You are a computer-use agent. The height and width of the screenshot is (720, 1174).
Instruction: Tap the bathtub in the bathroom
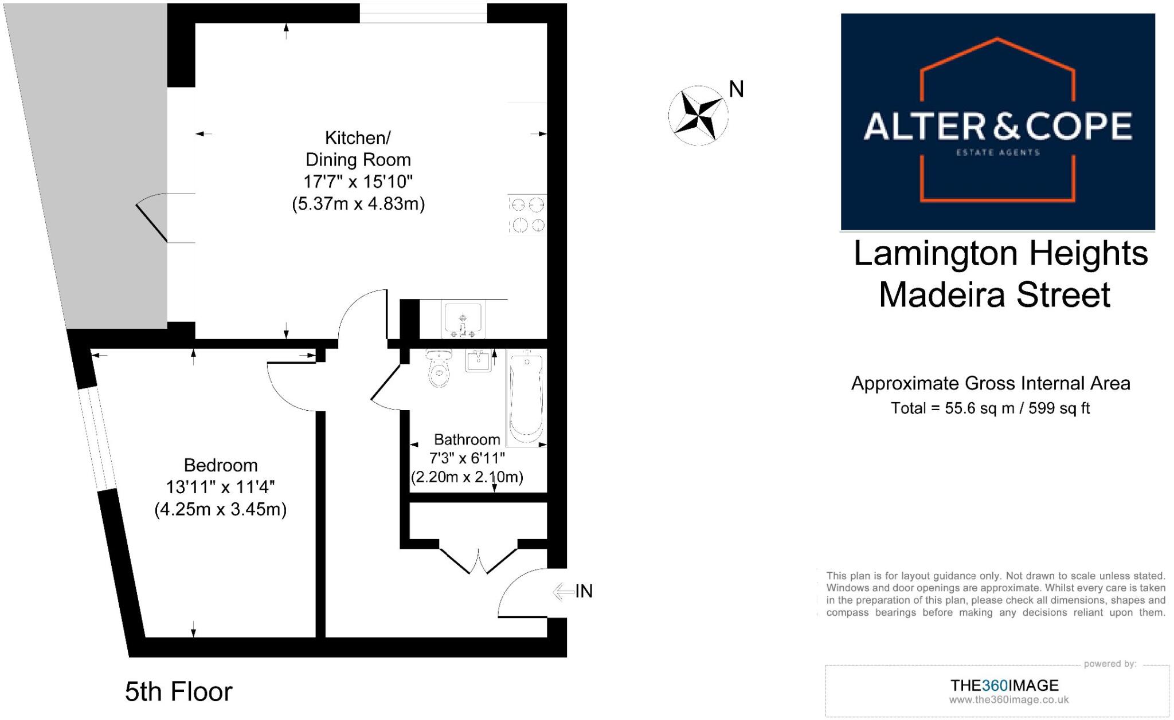(x=526, y=399)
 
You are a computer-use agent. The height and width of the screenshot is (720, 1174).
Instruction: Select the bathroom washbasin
(x=478, y=361)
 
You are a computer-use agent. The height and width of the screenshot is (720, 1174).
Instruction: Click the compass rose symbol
(x=698, y=115)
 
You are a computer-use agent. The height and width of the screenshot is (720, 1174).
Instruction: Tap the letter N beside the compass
(x=736, y=89)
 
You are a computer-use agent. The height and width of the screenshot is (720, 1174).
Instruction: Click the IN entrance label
(x=584, y=591)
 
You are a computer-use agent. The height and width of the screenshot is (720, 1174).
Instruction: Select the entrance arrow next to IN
(x=563, y=592)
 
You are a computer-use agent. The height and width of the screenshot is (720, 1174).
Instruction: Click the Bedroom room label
(x=221, y=465)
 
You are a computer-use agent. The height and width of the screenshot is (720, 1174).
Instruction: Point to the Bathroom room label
(x=467, y=439)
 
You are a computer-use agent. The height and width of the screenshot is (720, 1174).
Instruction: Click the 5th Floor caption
(x=178, y=692)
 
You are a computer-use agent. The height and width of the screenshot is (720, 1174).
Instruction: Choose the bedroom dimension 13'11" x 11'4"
(x=221, y=487)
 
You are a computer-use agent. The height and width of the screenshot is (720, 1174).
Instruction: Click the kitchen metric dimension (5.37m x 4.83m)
(x=358, y=204)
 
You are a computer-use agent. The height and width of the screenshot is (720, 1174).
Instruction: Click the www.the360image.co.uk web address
(x=1008, y=699)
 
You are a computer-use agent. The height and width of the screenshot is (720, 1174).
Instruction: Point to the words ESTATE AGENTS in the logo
(x=997, y=152)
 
